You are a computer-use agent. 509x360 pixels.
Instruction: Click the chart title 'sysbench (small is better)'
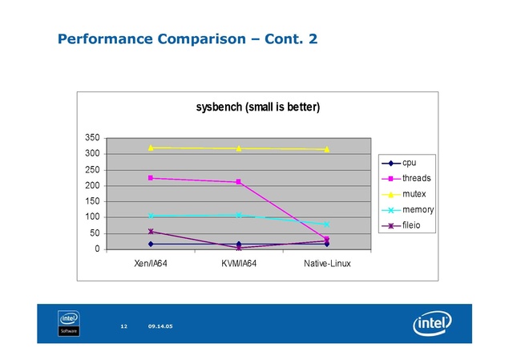point(259,107)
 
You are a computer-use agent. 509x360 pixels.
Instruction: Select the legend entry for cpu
point(409,163)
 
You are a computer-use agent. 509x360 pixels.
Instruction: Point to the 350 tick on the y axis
point(92,138)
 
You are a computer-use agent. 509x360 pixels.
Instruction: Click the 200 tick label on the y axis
point(92,185)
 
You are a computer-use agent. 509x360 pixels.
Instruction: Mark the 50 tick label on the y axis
point(95,233)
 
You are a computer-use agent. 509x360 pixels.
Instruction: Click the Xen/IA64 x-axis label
point(151,263)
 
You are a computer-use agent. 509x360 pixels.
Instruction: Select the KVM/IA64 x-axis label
point(238,263)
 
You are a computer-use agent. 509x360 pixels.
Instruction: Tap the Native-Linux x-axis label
point(326,263)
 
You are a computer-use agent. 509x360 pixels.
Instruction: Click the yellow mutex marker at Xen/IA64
point(151,148)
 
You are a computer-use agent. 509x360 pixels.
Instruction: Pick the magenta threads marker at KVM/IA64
point(238,182)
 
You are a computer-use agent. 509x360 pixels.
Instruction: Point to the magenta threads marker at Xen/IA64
point(151,178)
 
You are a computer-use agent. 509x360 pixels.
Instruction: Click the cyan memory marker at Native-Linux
point(326,224)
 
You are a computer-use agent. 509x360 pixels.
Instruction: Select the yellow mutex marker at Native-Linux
point(326,149)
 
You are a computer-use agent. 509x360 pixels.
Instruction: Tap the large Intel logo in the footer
point(430,323)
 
